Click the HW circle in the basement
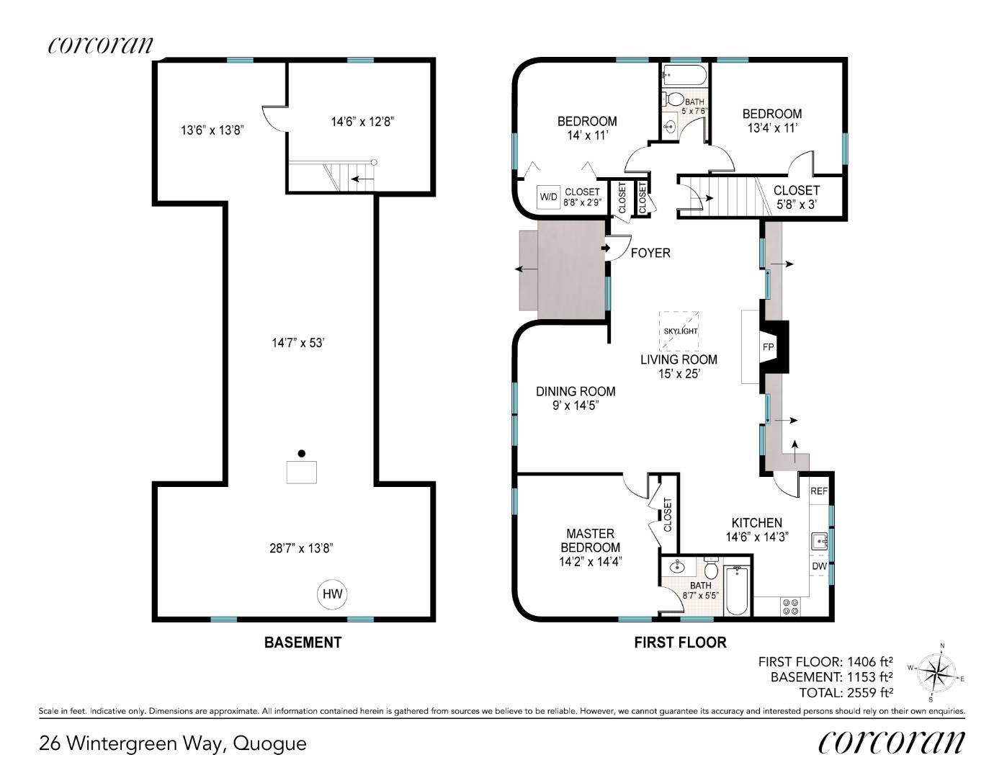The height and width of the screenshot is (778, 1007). [332, 594]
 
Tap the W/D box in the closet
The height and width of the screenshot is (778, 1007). [548, 197]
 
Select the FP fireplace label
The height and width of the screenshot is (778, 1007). [768, 346]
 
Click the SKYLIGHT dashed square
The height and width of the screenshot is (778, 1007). [679, 331]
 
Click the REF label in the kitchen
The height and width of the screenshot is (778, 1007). [818, 491]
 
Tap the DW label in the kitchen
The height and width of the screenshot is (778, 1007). [819, 565]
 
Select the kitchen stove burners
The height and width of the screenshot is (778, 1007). [791, 607]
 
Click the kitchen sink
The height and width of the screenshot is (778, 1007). [820, 541]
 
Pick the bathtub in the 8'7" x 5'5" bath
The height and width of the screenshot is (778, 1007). [736, 590]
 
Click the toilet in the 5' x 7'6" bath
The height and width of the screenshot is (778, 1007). [673, 99]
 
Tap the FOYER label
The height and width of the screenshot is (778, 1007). [650, 253]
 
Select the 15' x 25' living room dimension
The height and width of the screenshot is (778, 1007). [679, 373]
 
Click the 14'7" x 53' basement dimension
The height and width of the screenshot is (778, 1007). [297, 343]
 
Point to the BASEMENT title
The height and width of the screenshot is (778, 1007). [303, 643]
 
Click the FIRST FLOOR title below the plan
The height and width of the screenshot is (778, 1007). [680, 643]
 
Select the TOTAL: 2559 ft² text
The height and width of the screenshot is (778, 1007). [846, 692]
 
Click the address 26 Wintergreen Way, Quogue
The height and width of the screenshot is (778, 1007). [173, 744]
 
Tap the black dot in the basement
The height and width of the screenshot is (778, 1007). [302, 453]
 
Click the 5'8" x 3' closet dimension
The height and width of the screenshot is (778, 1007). [796, 205]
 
